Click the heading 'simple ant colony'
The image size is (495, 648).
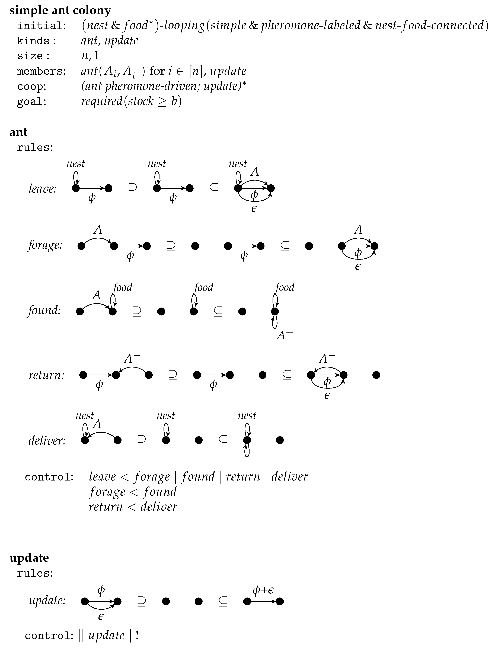pos(60,11)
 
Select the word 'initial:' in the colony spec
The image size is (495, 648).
pos(41,26)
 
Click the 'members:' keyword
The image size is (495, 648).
pos(41,71)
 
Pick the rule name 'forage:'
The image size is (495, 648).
pos(45,245)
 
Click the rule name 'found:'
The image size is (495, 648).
pos(44,311)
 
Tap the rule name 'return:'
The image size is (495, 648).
pos(46,375)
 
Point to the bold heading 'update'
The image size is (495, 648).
pos(29,558)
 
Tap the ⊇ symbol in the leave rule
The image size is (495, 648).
pos(133,188)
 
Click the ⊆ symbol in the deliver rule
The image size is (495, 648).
pos(223,440)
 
